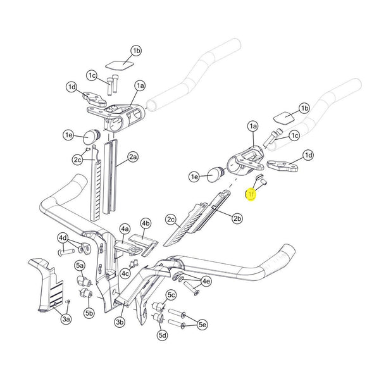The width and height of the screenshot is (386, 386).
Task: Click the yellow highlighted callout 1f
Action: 251,196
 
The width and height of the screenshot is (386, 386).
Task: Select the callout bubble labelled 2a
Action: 133,156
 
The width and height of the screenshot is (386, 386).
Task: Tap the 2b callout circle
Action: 237,219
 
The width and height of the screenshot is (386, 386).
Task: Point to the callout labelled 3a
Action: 65,320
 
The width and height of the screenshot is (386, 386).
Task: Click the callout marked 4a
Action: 125,228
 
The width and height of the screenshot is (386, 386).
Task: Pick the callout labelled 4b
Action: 146,223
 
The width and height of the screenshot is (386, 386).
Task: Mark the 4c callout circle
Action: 126,273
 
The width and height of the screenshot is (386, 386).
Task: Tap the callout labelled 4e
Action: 206,281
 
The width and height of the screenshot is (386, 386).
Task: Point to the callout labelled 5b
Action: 89,312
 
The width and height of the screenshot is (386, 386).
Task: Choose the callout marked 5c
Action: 171,295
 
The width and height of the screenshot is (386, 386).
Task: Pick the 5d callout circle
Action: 162,334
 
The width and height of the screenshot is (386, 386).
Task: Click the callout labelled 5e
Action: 202,325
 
